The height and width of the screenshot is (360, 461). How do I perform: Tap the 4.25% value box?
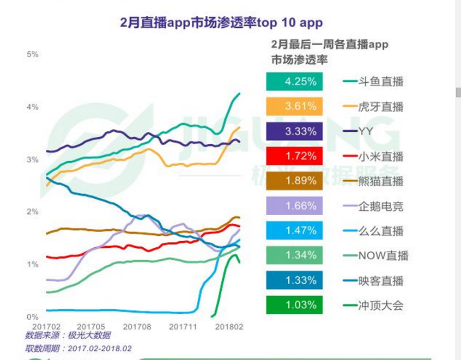[x=294, y=82]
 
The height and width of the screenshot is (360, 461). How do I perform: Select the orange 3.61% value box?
[x=294, y=106]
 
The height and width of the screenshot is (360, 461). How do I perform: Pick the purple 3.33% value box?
[x=294, y=131]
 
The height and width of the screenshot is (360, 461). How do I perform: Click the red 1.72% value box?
[x=294, y=156]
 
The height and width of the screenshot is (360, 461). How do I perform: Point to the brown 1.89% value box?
[x=294, y=181]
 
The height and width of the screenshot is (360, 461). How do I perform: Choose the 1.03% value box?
[x=294, y=305]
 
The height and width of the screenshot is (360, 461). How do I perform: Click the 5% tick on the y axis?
[x=33, y=54]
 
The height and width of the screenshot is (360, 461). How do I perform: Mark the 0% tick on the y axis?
[x=33, y=316]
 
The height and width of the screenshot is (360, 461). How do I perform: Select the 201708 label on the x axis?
[x=136, y=327]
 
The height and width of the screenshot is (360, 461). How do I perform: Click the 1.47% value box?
[x=294, y=230]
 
